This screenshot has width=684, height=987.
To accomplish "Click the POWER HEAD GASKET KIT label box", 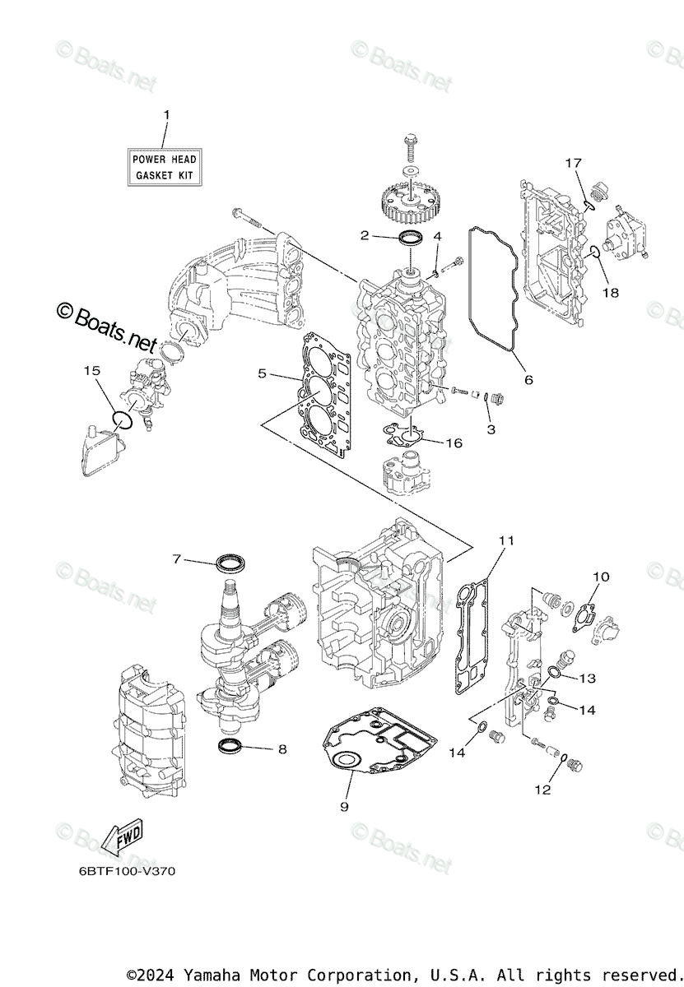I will [x=165, y=167].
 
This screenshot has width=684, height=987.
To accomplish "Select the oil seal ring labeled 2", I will [x=412, y=239].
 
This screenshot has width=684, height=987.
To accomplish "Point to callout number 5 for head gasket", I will [x=262, y=373].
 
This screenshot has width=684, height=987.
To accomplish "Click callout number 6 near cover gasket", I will [x=528, y=379].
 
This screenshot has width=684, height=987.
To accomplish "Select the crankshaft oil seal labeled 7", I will [x=230, y=563].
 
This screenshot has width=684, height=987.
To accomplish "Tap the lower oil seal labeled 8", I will [x=230, y=746].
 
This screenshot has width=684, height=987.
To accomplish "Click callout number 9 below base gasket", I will [x=344, y=807].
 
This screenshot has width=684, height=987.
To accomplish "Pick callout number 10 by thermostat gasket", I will [x=601, y=577].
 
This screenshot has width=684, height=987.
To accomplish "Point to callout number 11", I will [x=506, y=540].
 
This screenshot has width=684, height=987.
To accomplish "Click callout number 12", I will [x=542, y=790].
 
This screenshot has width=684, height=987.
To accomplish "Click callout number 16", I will [x=454, y=443].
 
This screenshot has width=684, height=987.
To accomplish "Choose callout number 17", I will [x=573, y=163].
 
